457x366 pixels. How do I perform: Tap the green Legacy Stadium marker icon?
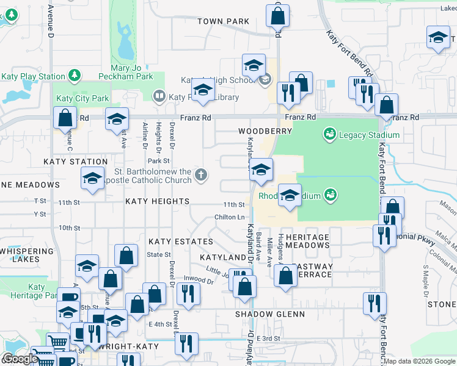coord(330,134)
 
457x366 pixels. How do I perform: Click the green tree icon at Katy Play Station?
coord(74,76)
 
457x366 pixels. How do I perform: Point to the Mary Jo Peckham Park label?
coord(132,73)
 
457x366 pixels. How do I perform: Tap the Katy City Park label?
coord(82,98)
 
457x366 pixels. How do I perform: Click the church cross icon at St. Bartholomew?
coord(200,176)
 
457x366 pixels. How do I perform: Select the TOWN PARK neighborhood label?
coord(223,21)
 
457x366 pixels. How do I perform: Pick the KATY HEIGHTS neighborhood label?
coord(158,201)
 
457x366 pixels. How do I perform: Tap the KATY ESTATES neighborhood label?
coord(172,242)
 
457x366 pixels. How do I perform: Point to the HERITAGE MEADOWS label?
coord(307,241)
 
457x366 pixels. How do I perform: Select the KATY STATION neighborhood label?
coord(76,162)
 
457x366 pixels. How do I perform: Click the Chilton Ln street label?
coord(230,217)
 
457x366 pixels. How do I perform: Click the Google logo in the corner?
coord(20,359)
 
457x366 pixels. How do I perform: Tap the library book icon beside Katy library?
coord(159,96)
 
